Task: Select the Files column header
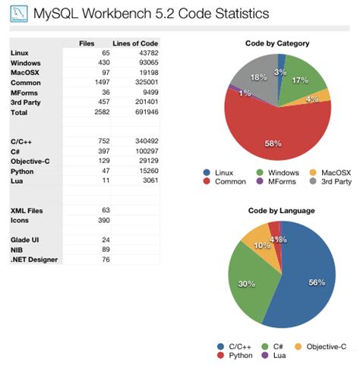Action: pos(87,44)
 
